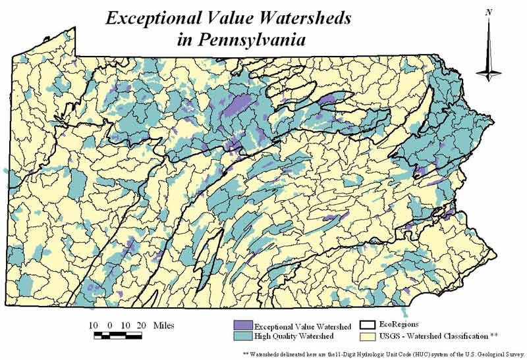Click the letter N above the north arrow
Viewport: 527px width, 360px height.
[488, 12]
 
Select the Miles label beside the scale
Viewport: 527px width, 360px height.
[163, 325]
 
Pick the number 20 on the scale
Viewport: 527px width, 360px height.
[139, 325]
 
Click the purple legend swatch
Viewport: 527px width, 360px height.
[242, 326]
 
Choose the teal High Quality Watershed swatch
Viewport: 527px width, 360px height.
[242, 336]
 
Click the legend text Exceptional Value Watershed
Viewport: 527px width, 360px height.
[302, 326]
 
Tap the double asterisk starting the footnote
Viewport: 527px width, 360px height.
[246, 353]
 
